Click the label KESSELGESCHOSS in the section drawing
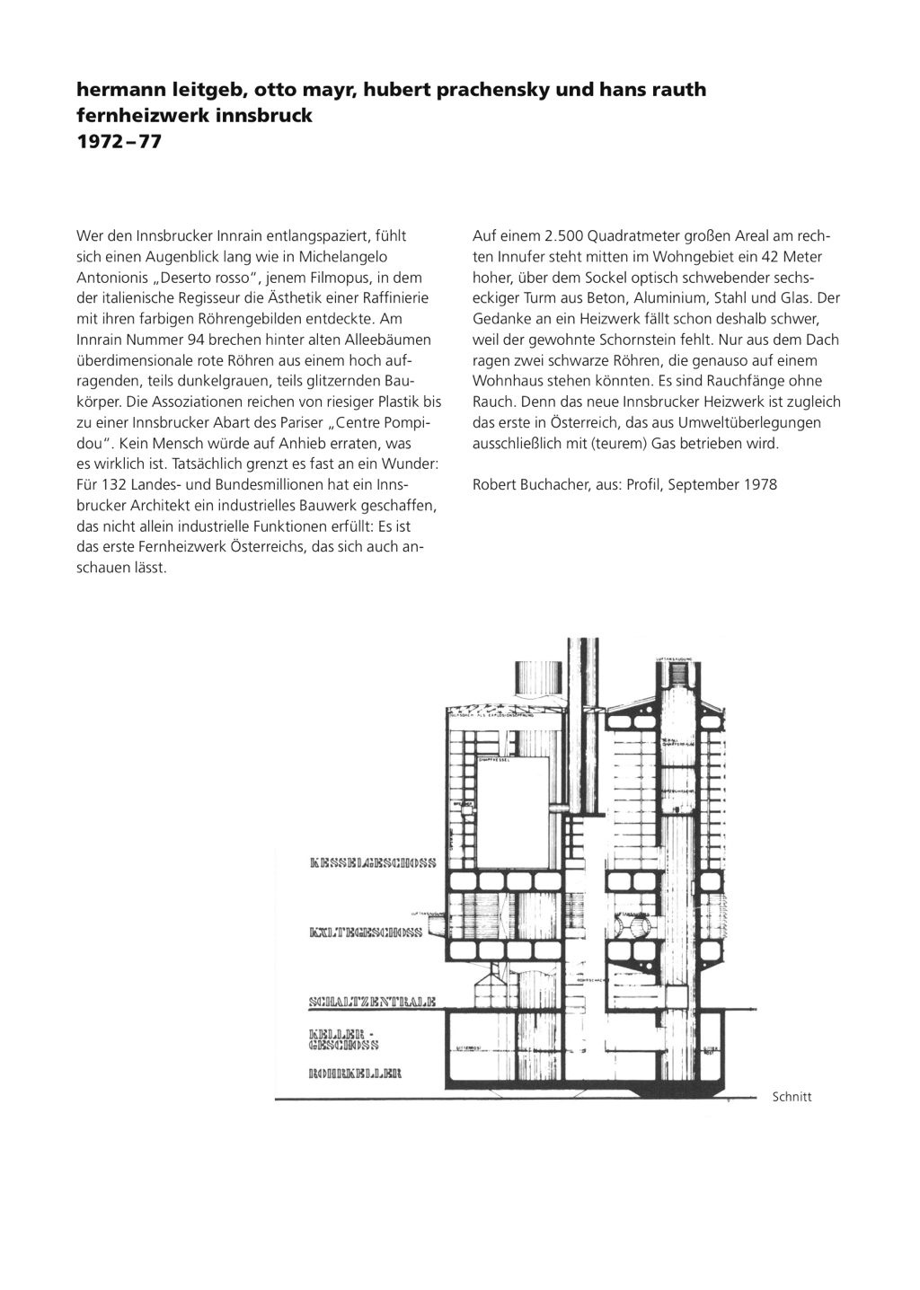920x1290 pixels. tap(371, 863)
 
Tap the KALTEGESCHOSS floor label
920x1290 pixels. tap(365, 932)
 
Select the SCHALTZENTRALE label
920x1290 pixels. tap(371, 1001)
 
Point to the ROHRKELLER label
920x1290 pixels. tap(354, 1073)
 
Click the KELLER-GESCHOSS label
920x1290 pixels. tap(343, 1038)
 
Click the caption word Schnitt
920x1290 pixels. tap(792, 1097)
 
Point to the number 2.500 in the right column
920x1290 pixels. tap(564, 236)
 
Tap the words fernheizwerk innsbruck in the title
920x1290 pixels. tap(194, 116)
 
